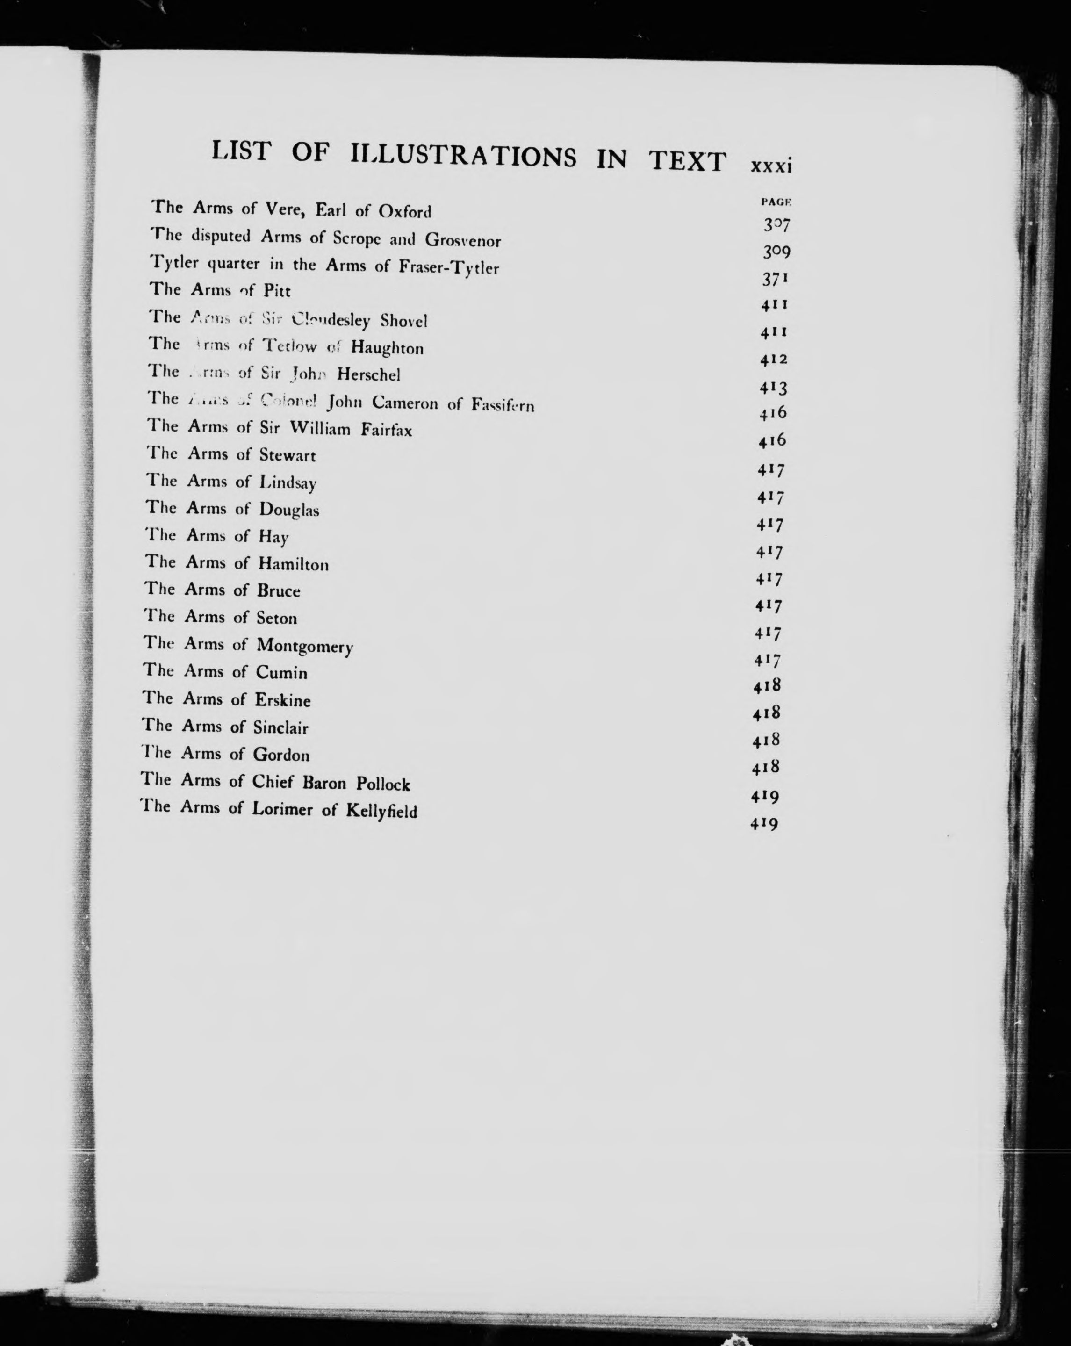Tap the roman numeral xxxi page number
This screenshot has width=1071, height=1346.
771,167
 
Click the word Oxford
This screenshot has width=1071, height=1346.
404,212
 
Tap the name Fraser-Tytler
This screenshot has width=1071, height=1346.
449,268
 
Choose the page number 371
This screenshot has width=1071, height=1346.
775,279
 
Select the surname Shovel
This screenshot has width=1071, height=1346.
404,322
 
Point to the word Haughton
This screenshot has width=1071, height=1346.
387,348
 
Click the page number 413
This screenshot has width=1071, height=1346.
773,388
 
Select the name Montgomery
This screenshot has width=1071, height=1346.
305,646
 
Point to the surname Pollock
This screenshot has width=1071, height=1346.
383,784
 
